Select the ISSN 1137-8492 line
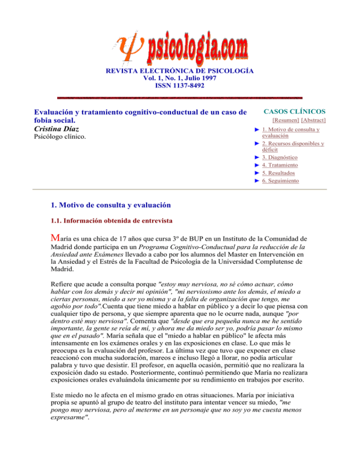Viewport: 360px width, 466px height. click(x=180, y=86)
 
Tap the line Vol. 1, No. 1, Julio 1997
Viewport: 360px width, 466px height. click(x=180, y=78)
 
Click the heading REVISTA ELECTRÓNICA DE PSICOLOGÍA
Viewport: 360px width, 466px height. click(x=180, y=71)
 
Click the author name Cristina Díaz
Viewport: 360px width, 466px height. click(x=59, y=128)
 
